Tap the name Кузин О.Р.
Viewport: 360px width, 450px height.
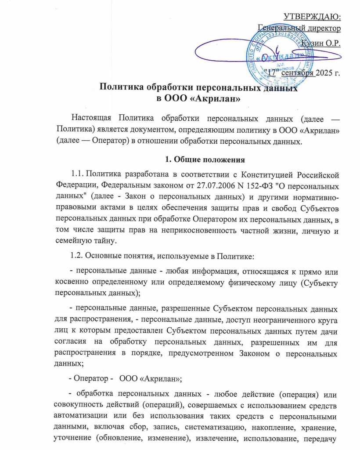pos(320,43)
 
